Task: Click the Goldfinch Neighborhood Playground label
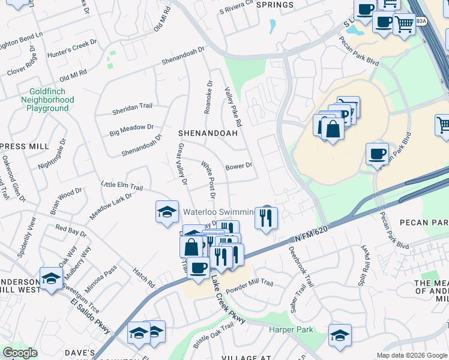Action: pos(48,100)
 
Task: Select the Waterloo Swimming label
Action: pos(218,212)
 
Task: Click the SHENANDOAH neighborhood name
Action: pos(208,133)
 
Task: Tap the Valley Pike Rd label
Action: pos(234,106)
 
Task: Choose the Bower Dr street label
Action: pos(238,166)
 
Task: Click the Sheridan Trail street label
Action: pos(132,106)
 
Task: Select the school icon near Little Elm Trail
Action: pos(167,212)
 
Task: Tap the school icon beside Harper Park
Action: pos(340,336)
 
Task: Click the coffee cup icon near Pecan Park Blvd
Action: pos(377,154)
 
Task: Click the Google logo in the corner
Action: pos(20,353)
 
